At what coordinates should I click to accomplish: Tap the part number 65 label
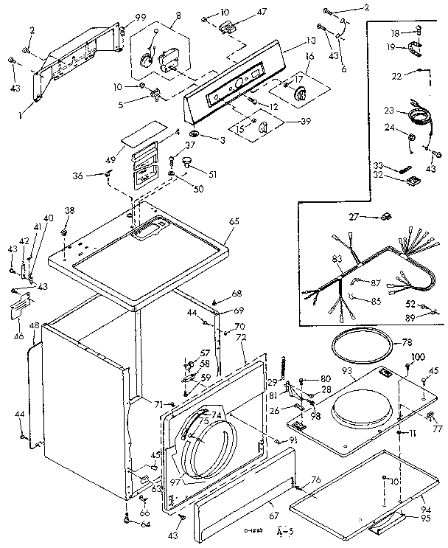234,221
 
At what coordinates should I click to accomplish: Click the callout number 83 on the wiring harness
337,260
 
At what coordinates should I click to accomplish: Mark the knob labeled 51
191,162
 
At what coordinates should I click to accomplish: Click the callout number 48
34,326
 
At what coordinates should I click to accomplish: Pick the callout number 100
418,357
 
